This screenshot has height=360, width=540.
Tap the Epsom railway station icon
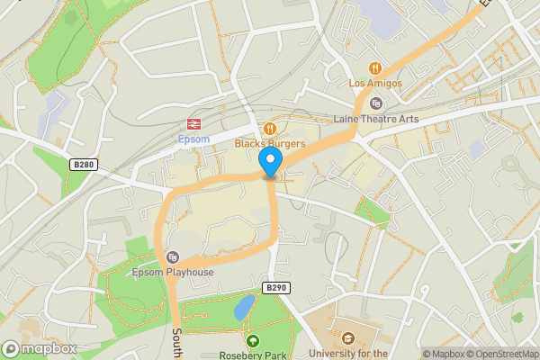[193, 123]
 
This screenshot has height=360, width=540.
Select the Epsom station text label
[193, 139]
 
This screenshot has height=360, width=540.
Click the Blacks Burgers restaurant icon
[269, 129]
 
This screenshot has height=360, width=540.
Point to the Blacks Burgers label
[270, 143]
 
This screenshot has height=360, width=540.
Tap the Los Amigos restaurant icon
[375, 68]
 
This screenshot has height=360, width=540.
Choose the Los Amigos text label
[375, 83]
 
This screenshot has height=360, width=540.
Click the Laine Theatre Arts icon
[375, 103]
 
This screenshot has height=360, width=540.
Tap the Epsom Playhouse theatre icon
[173, 256]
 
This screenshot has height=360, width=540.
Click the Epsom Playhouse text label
[172, 272]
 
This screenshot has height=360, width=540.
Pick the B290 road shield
[275, 287]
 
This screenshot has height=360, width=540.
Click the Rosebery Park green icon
[253, 341]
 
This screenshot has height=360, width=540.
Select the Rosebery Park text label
[253, 355]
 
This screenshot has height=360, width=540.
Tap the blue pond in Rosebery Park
[243, 309]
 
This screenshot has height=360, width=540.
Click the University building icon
[347, 339]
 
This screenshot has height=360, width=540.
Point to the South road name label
[177, 341]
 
